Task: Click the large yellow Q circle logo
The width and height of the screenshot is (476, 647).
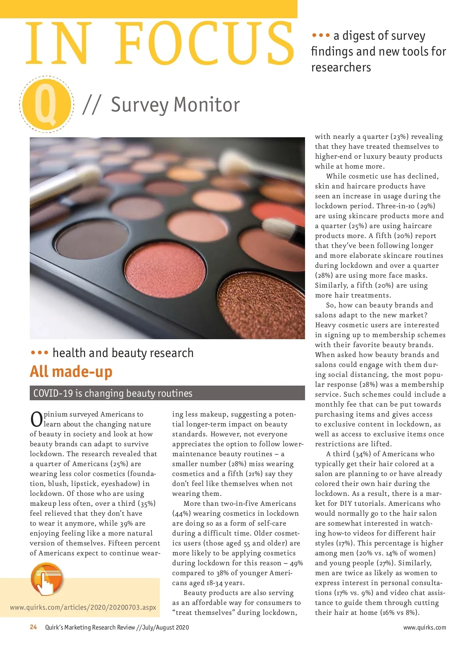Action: pos(46,104)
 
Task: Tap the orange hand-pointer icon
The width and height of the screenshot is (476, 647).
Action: pos(47,579)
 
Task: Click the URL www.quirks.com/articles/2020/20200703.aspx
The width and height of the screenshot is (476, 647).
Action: pos(83,607)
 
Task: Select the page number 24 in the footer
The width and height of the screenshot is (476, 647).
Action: pos(33,627)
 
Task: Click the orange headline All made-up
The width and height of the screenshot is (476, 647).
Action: pos(71,372)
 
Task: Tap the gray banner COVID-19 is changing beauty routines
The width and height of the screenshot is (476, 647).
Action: pos(167,393)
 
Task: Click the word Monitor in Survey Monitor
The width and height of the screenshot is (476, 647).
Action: pos(207,105)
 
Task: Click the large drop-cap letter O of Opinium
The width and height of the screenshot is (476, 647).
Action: pos(36,420)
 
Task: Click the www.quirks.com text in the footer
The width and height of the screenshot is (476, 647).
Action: pos(424,628)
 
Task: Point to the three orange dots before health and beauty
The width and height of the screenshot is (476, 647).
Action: pos(39,353)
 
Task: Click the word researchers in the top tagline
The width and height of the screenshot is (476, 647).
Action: pos(341,67)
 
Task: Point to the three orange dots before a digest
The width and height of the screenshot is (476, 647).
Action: pos(321,36)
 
